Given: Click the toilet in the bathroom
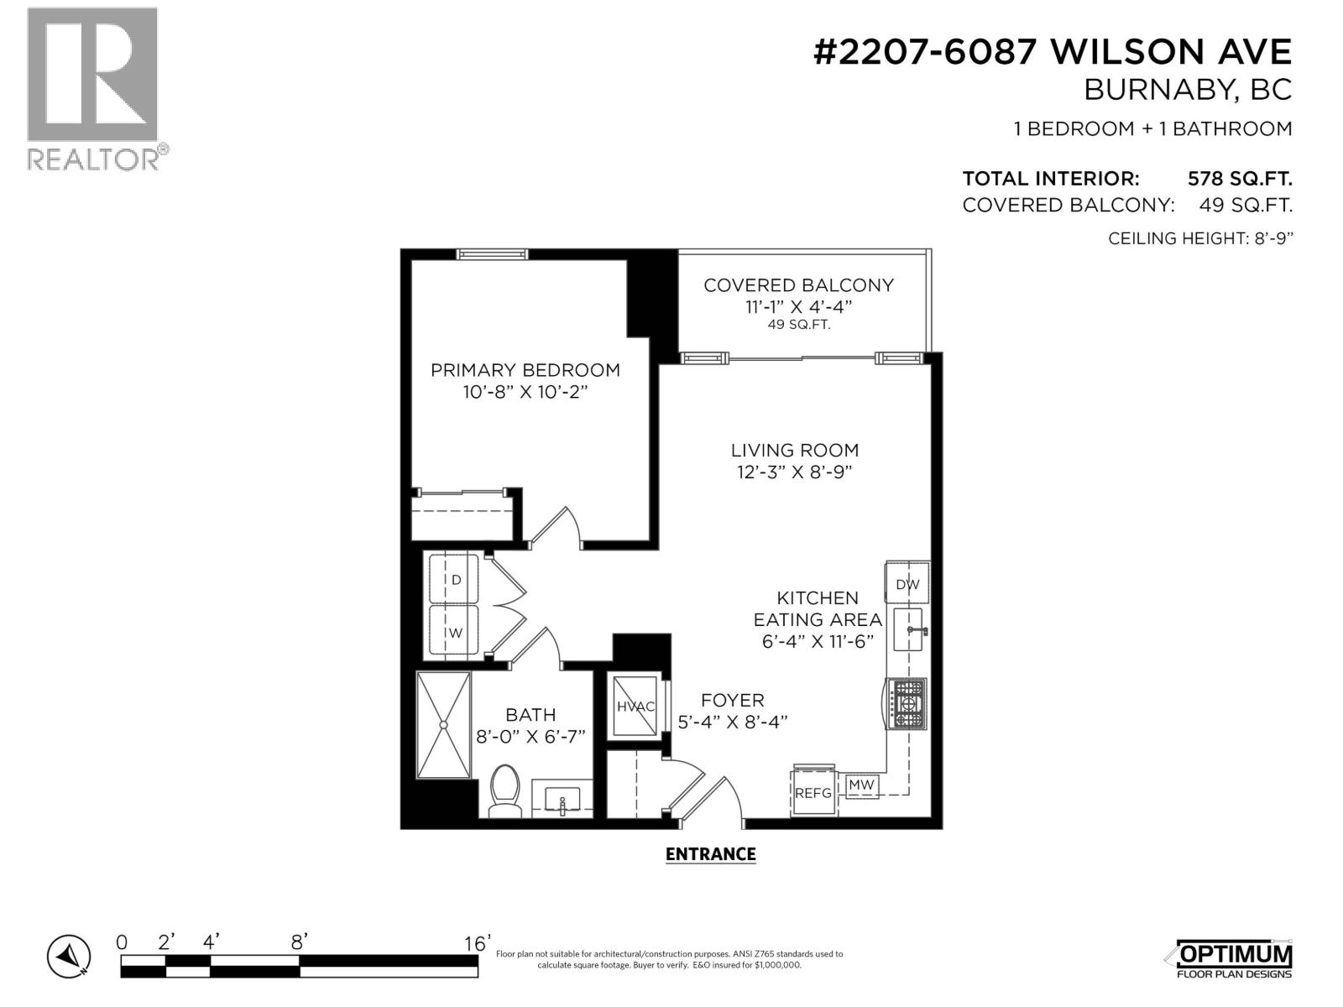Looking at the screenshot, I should coord(505,790).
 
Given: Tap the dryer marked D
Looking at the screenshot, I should coord(454,579).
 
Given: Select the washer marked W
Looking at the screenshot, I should coord(454,630).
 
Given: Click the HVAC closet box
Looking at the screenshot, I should coord(635,707).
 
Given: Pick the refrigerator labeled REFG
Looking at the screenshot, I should coord(813,791).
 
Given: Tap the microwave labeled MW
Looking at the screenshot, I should coord(861,785).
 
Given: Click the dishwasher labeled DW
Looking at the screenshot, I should coord(907,584).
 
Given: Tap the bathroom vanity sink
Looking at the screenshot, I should coord(562,798).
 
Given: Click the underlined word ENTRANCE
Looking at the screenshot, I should coord(710,854).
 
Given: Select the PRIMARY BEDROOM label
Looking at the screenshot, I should coord(525,370).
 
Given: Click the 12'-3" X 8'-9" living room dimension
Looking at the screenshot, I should coord(794,472).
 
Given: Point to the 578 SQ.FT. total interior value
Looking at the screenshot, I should coord(1239,179).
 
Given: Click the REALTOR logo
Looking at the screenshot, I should coord(93,88).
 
